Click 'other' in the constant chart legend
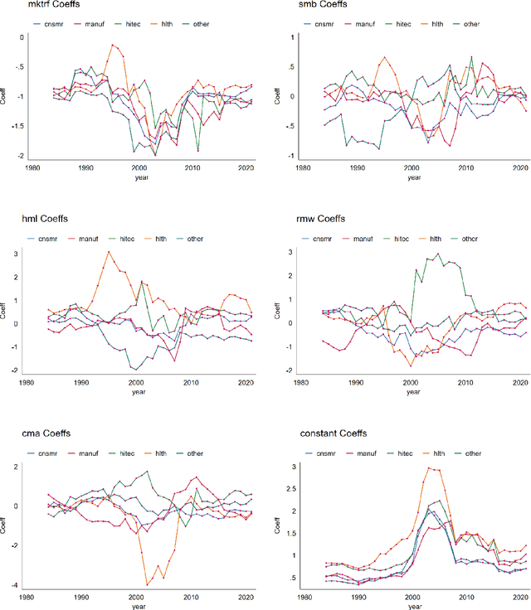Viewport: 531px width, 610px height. point(474,453)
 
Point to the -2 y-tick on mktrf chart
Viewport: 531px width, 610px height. point(21,157)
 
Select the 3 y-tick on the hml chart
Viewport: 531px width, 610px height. point(20,254)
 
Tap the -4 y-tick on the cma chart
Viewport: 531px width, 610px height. point(20,585)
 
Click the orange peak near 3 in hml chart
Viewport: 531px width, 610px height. point(108,252)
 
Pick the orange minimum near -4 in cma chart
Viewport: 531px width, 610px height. point(147,584)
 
